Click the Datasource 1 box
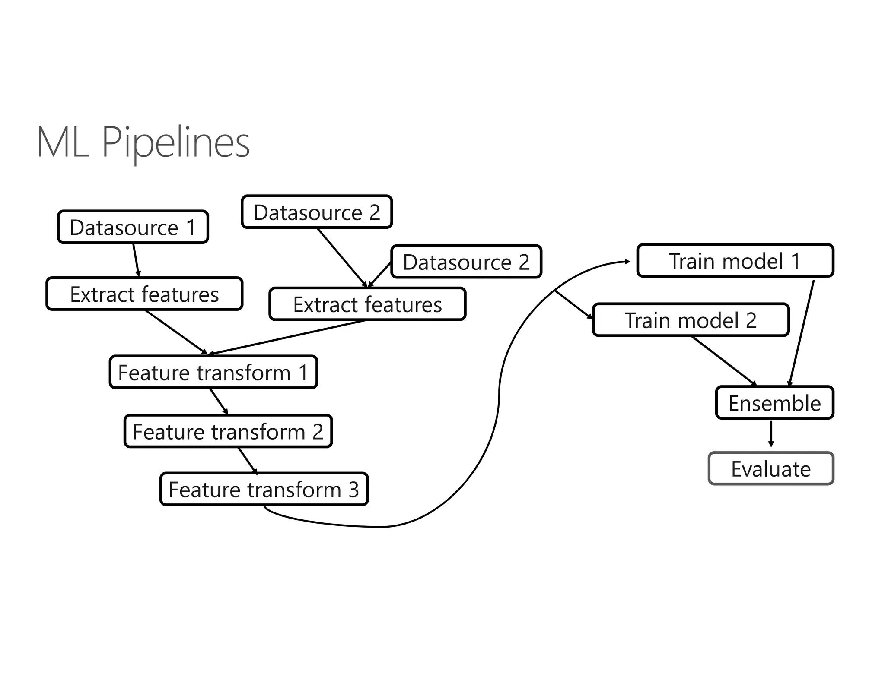coord(133,227)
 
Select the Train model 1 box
coord(735,261)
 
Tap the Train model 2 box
coord(691,320)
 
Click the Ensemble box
coord(774,403)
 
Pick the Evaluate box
coord(771,469)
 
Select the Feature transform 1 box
coord(213,372)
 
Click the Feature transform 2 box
coord(228,431)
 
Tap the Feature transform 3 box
coord(264,489)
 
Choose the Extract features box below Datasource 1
coord(144,294)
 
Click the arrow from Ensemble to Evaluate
coord(771,434)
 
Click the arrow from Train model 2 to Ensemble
coord(724,361)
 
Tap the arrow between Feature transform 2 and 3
coord(248,460)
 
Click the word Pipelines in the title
coord(175,142)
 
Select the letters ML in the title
coord(63,142)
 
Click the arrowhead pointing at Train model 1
coord(627,262)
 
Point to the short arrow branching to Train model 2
coord(574,305)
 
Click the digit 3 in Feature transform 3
coord(354,490)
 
